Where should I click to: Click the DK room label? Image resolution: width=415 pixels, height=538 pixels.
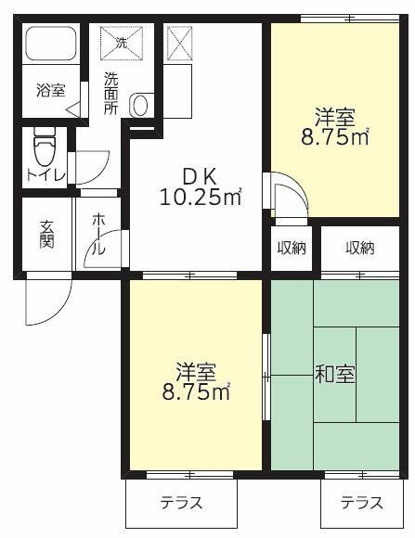tap(200, 174)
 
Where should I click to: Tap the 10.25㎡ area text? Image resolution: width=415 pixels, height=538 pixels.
tap(201, 197)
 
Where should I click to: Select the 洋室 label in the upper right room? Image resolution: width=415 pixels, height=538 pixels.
tap(334, 118)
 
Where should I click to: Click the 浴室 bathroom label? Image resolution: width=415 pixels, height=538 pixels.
tap(50, 91)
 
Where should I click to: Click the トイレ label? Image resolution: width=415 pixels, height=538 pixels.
tap(45, 173)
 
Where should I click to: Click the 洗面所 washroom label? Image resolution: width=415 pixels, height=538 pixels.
tap(111, 92)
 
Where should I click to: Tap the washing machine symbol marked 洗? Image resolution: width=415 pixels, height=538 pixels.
tap(121, 43)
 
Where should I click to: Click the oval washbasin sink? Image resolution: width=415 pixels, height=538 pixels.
tap(141, 105)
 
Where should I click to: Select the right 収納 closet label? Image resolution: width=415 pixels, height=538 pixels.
tap(360, 248)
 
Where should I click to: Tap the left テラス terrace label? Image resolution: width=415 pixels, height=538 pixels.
tap(182, 503)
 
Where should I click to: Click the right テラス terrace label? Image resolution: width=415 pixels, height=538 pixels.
tap(361, 503)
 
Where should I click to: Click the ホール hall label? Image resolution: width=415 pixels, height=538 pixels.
tap(98, 237)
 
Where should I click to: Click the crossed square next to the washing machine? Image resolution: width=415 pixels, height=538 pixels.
tap(177, 41)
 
